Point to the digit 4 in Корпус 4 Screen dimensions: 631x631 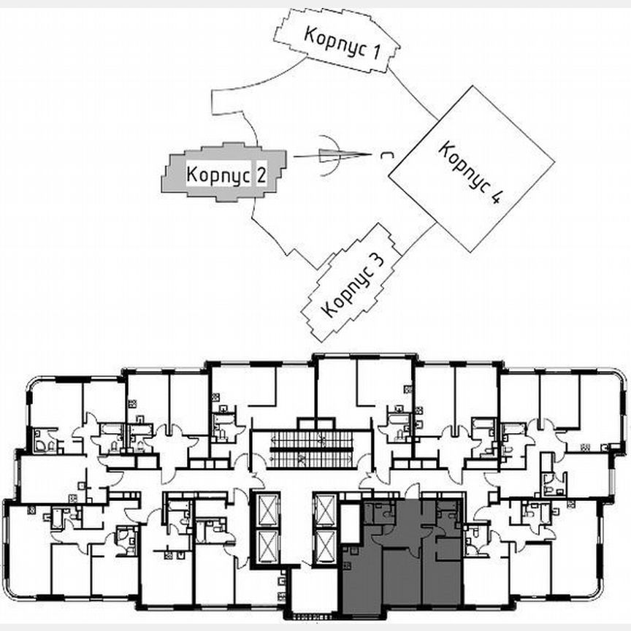point(494,196)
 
